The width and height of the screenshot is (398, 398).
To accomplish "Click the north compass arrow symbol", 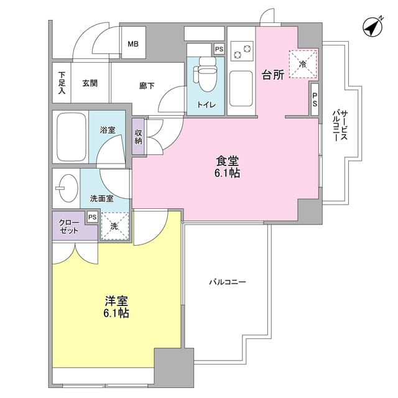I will (372, 28).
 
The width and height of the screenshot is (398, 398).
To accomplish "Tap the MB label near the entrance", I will (132, 44).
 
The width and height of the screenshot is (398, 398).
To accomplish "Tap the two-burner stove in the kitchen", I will (241, 49).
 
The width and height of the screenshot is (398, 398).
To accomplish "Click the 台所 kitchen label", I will (272, 75).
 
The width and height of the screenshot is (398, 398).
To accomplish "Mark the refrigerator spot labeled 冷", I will (303, 64).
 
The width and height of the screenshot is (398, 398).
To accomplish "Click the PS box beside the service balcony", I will (315, 99).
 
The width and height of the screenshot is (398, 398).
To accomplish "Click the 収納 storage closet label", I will (138, 136).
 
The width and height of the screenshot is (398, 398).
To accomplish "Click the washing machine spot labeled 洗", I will (114, 227).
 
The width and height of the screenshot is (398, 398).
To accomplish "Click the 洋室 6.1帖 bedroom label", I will (116, 307).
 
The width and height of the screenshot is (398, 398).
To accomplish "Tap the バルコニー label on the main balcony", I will (227, 282).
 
